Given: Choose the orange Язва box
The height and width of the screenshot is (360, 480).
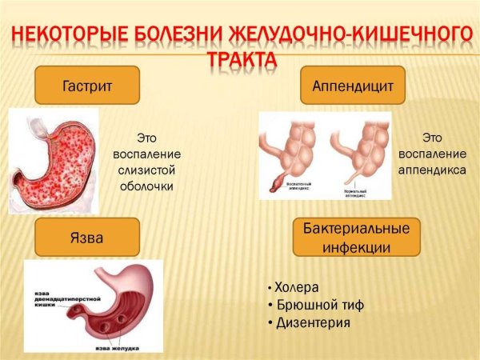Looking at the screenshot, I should (x=87, y=238).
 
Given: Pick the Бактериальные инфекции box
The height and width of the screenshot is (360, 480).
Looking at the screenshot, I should (x=356, y=238).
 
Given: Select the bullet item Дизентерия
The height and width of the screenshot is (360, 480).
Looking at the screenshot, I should (x=313, y=322).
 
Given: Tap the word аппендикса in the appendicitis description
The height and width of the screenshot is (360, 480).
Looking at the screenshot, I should (x=444, y=170).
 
